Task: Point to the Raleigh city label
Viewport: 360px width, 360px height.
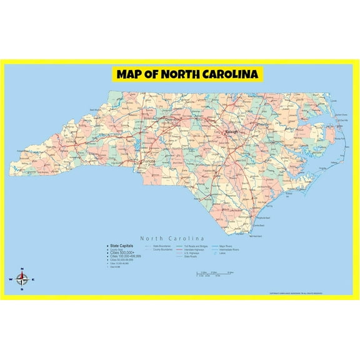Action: point(226,132)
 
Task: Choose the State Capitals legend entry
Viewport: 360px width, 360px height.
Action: point(122,246)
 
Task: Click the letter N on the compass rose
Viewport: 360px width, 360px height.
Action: point(22,269)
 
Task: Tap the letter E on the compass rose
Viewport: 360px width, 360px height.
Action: point(34,279)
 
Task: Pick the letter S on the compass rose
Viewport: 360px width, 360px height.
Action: point(22,290)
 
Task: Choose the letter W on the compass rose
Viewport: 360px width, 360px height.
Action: point(11,279)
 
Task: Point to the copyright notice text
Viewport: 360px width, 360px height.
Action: point(304,293)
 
